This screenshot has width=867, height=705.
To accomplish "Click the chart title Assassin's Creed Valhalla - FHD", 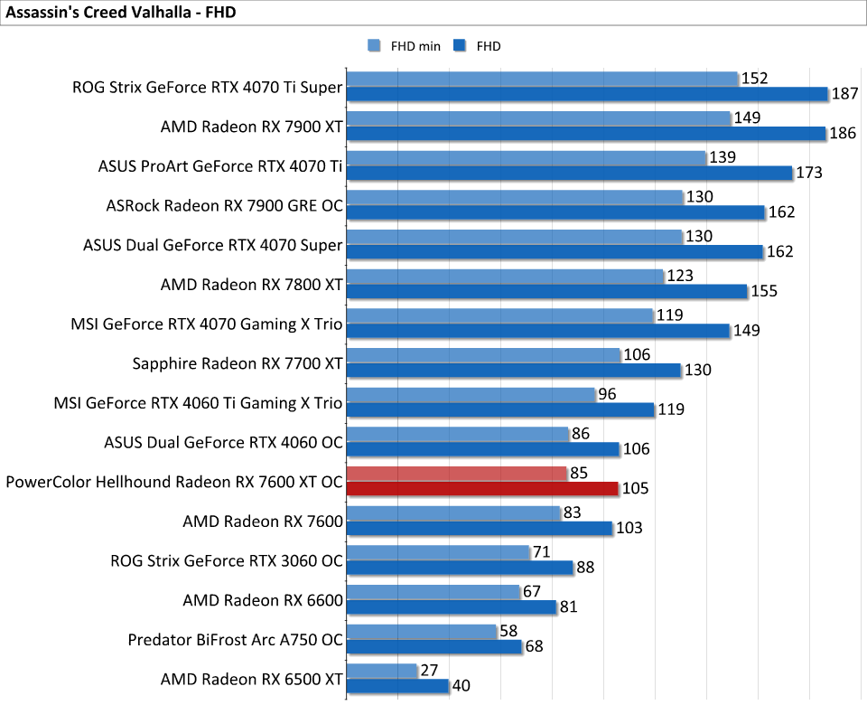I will (x=115, y=14).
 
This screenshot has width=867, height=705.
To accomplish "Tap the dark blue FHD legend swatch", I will (x=459, y=46).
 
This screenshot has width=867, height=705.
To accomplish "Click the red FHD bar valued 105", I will (x=482, y=489).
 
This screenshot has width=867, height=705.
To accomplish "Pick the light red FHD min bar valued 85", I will (x=456, y=474).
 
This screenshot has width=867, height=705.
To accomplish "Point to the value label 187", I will (x=845, y=94).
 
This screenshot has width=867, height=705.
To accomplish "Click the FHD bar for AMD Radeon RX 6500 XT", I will (x=397, y=686).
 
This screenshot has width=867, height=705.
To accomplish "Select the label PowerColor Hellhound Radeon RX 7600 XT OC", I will (x=174, y=482).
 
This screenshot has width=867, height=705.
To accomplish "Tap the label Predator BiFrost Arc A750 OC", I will (x=236, y=639).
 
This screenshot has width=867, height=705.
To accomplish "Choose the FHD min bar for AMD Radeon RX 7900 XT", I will (x=538, y=118).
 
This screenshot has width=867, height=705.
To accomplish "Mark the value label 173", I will (x=809, y=173).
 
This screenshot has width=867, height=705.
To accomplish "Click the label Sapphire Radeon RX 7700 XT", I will (x=238, y=363).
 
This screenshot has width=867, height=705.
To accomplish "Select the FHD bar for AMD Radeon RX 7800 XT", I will (x=546, y=291).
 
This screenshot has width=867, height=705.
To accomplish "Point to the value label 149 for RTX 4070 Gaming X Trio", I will (x=746, y=330).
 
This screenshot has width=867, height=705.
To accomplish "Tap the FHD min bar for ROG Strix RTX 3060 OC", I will (x=438, y=552).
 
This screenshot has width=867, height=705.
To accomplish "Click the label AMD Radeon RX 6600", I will (x=263, y=600).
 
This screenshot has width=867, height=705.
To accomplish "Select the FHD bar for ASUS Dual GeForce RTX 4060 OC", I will (x=482, y=449).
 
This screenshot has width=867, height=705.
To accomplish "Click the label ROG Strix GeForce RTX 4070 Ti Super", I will (x=208, y=88).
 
